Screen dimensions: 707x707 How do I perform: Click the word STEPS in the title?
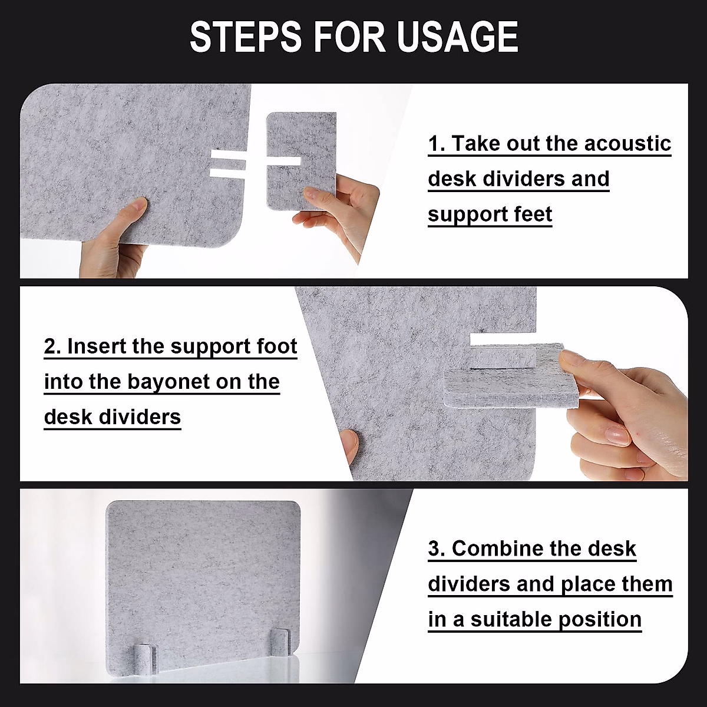(x=246, y=37)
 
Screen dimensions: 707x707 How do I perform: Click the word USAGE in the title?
(x=458, y=37)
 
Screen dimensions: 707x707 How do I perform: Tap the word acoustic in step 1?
(x=627, y=143)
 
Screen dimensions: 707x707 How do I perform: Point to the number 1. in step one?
(x=437, y=143)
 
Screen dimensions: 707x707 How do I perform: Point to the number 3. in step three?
(x=437, y=549)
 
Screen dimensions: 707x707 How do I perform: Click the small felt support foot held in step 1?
(x=301, y=161)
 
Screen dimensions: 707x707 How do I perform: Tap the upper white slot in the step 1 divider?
(x=228, y=154)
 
